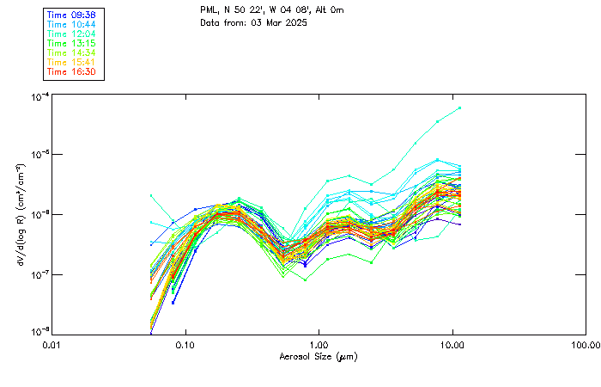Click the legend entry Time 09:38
point(72,15)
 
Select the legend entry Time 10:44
point(72,25)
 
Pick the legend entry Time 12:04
point(72,34)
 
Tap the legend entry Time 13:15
point(72,44)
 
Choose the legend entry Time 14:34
point(72,53)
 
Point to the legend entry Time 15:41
point(72,63)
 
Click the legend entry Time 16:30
point(72,72)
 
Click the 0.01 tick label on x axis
point(52,345)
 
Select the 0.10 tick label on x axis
point(185,345)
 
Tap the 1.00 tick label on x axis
point(319,345)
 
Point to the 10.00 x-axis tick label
point(452,345)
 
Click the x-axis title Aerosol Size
point(318,356)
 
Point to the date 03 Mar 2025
point(279,21)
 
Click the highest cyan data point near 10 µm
point(460,107)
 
